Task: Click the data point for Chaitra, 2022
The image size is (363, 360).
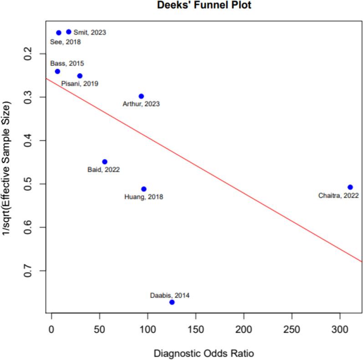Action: click(350, 187)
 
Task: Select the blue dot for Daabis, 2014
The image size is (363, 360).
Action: click(172, 302)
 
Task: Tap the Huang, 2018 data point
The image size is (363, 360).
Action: click(144, 189)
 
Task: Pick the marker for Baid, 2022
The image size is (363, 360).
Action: click(105, 161)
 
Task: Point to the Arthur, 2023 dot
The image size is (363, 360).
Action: click(141, 96)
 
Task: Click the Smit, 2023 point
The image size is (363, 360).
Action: click(69, 32)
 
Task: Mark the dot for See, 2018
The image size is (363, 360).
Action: click(59, 33)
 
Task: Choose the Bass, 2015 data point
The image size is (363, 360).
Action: click(57, 71)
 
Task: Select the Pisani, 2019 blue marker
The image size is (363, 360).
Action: click(80, 76)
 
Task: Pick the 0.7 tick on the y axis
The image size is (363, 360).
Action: click(31, 271)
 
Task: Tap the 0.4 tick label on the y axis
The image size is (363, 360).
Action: click(31, 140)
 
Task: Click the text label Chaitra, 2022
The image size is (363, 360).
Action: click(338, 195)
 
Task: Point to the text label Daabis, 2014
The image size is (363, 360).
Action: click(169, 295)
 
